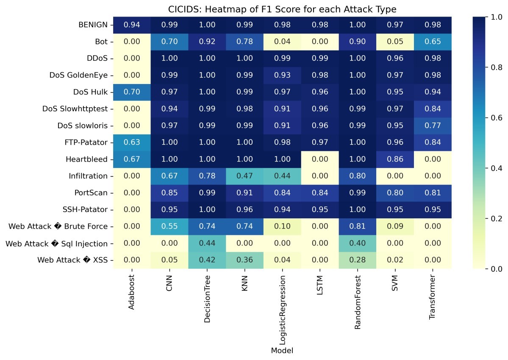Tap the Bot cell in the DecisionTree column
coord(207,42)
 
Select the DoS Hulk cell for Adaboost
coord(132,92)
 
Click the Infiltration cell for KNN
coord(244,176)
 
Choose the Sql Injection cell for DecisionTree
coord(207,243)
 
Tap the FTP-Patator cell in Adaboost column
coord(132,142)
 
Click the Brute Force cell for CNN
coord(169,226)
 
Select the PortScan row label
coord(90,193)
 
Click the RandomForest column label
coord(357,302)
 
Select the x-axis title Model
coord(282,351)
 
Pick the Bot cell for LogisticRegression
coord(282,42)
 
